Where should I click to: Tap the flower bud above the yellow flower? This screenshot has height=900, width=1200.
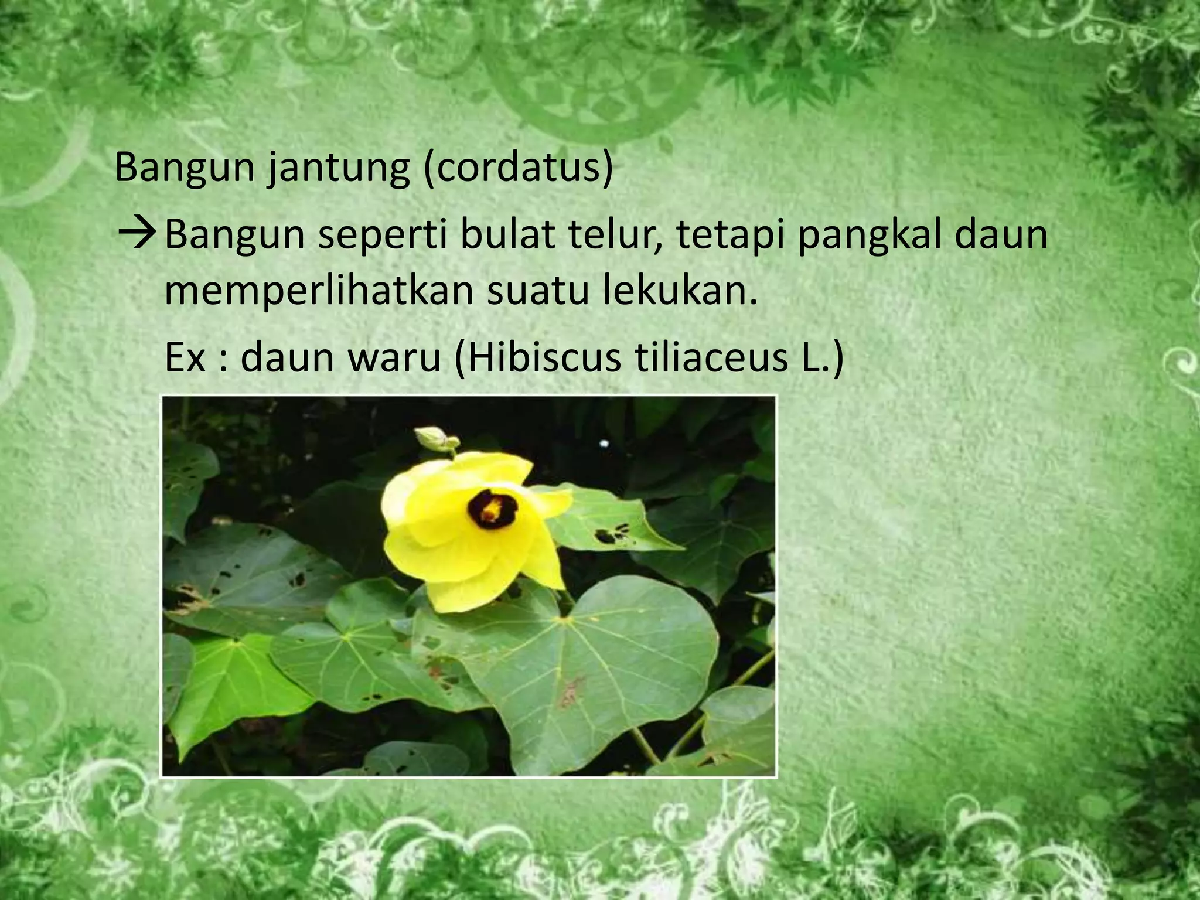pos(432,439)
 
